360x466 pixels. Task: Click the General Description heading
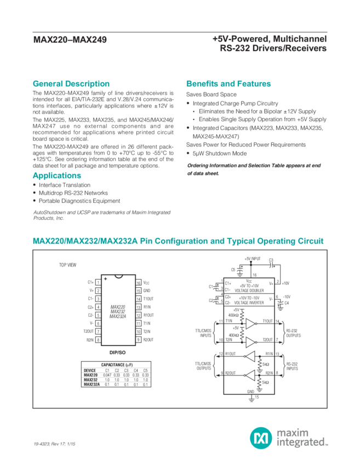[x=71, y=84]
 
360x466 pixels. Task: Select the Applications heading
[x=57, y=176]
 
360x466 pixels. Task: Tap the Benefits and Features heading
[x=228, y=84]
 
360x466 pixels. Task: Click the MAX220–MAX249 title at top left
[x=70, y=39]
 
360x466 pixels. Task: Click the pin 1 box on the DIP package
[x=98, y=282]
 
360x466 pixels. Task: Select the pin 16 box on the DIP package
[x=139, y=282]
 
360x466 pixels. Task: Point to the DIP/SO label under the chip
[x=118, y=351]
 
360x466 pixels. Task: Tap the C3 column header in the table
[x=126, y=370]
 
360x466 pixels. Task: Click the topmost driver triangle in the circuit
[x=250, y=322]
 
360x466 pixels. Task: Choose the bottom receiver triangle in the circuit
[x=250, y=376]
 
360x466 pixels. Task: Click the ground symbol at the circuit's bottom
[x=252, y=398]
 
